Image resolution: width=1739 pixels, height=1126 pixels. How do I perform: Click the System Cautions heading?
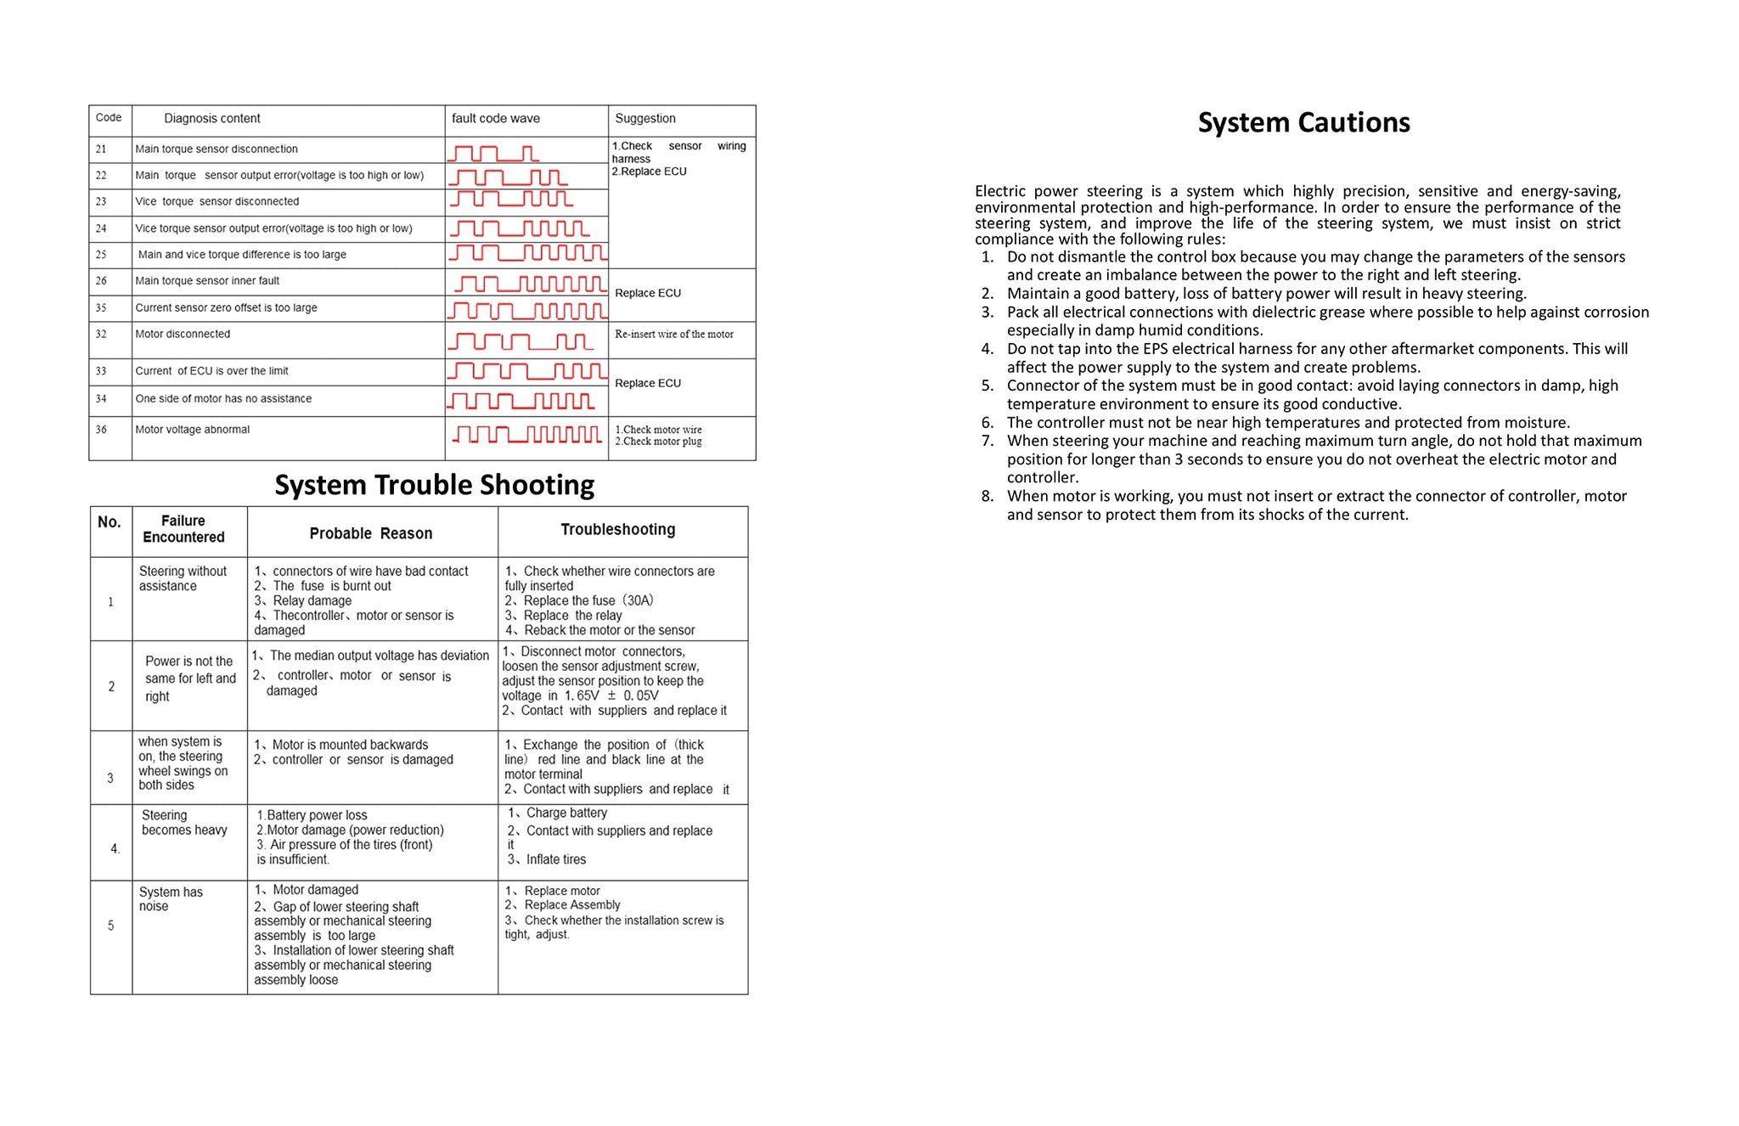coord(1303,122)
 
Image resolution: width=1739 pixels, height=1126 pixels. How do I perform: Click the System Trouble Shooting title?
coord(434,485)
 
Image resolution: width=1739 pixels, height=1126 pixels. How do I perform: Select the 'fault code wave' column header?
coord(495,119)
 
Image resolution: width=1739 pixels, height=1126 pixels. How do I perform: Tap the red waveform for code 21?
coord(493,153)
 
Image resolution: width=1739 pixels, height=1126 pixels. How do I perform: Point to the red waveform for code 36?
coord(527,435)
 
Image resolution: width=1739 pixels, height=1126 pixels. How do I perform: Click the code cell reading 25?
coord(101,255)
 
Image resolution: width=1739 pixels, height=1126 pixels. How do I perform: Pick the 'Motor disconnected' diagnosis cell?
coord(183,334)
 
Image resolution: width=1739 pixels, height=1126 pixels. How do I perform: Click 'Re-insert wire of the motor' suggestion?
coord(674,335)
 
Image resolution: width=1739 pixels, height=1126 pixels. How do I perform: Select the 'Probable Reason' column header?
coord(371,533)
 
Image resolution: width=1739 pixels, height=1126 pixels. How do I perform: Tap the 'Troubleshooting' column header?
coord(618,530)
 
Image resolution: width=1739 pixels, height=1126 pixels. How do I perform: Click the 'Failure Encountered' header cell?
coord(183,529)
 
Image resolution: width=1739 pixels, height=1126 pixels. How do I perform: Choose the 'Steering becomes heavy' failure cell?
coord(184,823)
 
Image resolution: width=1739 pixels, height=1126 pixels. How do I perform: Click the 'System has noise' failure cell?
coord(171,898)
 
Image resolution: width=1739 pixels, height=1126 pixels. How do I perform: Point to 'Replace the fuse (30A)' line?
coord(588,601)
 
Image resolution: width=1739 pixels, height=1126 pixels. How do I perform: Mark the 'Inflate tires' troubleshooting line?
coord(555,859)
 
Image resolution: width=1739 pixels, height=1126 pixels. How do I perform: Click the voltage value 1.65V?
coord(582,695)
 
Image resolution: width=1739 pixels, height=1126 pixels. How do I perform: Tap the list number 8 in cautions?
coord(988,496)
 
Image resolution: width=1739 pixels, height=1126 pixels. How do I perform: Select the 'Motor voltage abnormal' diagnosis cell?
coord(193,430)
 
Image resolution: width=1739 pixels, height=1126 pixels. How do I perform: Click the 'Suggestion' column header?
coord(645,119)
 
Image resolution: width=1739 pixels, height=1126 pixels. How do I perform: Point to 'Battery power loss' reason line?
coord(317,815)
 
